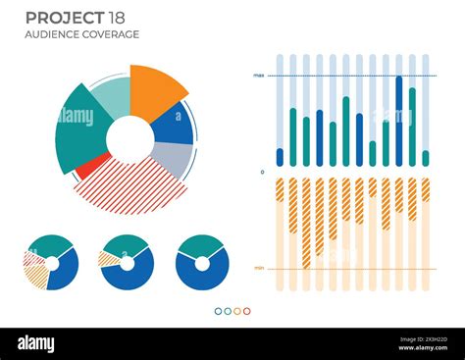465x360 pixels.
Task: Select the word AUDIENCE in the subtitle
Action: tap(55, 34)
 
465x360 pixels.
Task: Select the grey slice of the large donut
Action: tap(173, 157)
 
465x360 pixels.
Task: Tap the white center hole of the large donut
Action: tap(129, 139)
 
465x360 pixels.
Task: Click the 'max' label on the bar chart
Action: tap(258, 76)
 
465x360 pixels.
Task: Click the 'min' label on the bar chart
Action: tap(258, 268)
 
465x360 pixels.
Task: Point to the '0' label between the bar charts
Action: tap(261, 172)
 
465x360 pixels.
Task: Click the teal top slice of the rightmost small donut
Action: tap(202, 245)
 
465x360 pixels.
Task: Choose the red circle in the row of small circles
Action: tap(247, 311)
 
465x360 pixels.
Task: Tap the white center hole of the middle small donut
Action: tap(127, 263)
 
